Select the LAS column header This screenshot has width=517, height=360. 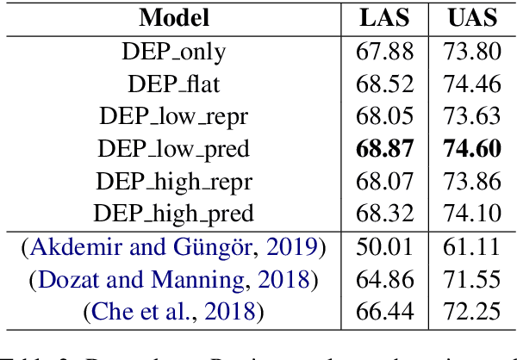385,18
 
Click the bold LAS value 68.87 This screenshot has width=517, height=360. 385,149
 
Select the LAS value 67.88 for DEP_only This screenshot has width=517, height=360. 385,52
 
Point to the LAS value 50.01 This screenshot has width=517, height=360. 385,248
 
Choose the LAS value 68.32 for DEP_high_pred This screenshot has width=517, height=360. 385,214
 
